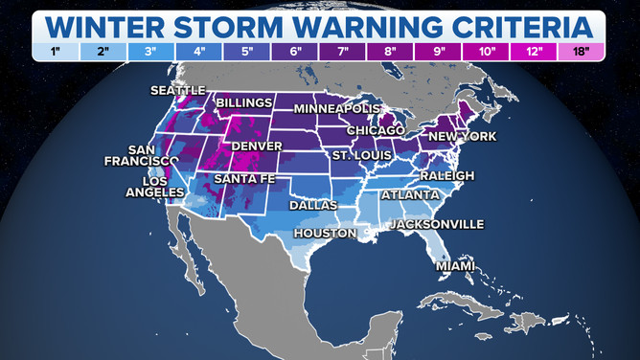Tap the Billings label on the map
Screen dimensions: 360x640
246,101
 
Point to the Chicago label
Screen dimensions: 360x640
376,129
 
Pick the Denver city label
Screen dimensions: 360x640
256,146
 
